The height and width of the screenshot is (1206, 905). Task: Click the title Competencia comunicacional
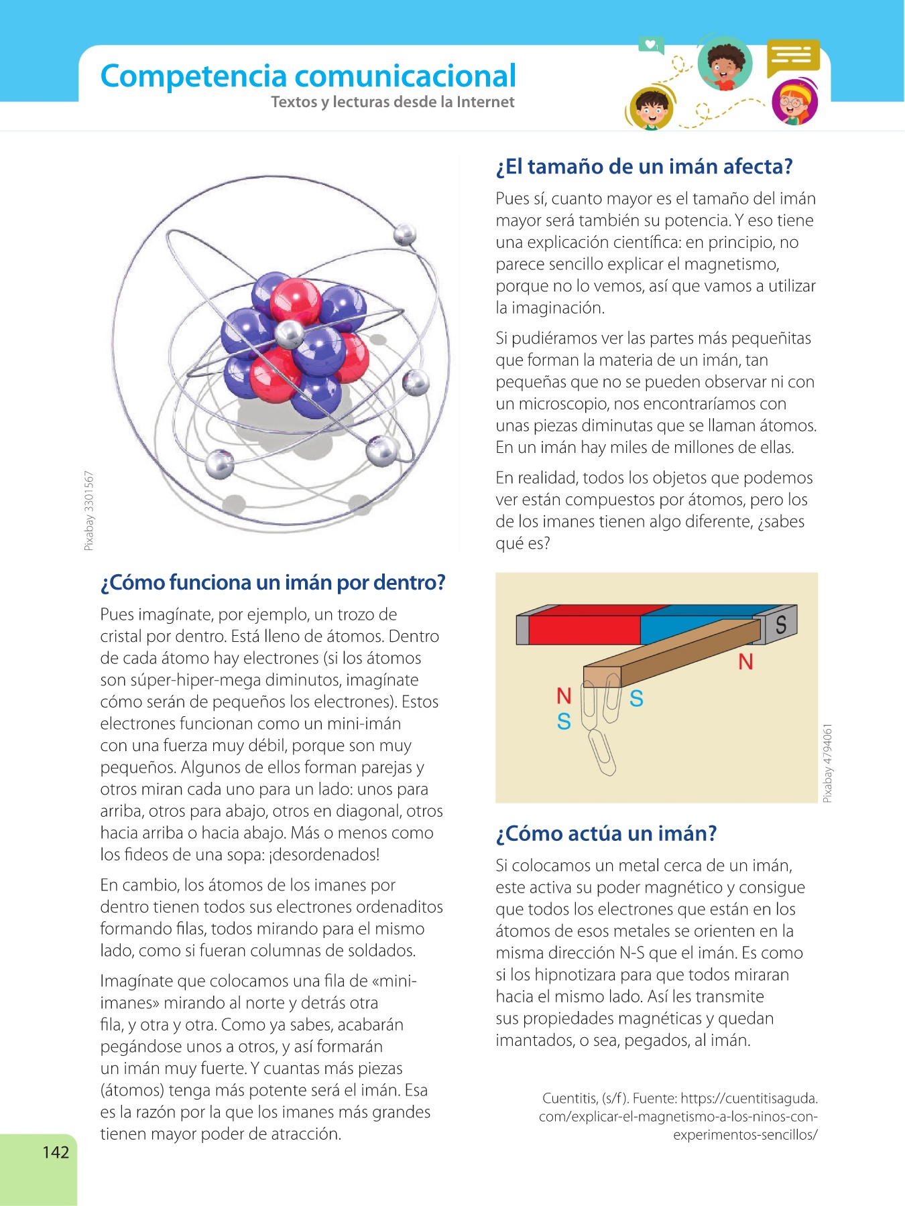308,76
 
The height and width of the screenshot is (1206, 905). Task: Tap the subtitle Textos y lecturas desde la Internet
392,102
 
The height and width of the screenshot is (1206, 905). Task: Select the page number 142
56,1152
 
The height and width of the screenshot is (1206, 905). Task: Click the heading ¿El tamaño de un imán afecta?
644,166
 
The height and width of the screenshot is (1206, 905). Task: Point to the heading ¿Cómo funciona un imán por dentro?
272,582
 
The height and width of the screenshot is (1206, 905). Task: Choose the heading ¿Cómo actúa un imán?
606,833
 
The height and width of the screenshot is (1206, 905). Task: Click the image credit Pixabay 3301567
89,511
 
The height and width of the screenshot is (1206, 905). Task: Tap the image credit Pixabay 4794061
828,762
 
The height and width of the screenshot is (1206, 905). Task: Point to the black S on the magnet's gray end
780,624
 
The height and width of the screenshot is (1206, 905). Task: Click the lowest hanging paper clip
602,752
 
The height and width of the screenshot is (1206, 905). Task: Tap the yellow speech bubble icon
793,56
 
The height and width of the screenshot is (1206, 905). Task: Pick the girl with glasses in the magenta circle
794,104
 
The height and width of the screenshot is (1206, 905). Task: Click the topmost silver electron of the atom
405,234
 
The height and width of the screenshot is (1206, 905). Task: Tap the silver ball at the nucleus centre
290,334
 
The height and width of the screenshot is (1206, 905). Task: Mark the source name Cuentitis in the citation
569,1098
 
